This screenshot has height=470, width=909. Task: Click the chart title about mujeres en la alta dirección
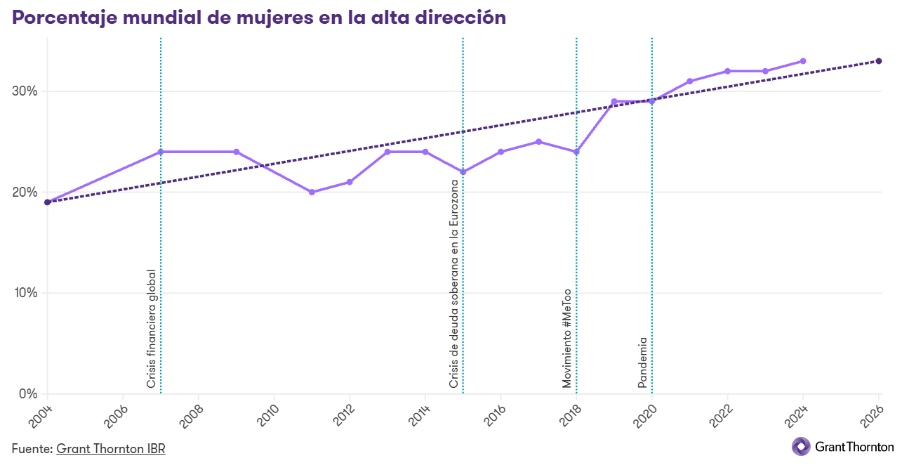(x=259, y=18)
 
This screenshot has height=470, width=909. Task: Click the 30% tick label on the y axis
(x=25, y=91)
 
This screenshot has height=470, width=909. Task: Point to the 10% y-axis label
(x=25, y=292)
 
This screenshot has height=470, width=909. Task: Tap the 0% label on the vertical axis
(x=28, y=393)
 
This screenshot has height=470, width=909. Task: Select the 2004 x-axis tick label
(x=41, y=417)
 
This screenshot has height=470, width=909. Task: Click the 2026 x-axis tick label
(x=872, y=417)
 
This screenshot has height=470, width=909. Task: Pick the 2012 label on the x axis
(x=343, y=417)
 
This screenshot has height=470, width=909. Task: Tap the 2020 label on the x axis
(x=645, y=417)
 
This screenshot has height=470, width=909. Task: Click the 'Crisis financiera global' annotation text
(x=151, y=329)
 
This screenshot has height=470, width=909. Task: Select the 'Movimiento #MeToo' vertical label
(x=566, y=339)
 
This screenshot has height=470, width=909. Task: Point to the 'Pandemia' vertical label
(x=642, y=363)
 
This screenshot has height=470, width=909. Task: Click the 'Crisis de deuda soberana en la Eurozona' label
(x=453, y=284)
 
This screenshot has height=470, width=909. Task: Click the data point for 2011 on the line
(x=312, y=192)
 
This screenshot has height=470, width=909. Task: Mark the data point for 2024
(x=803, y=61)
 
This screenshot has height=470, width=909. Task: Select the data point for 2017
(x=538, y=142)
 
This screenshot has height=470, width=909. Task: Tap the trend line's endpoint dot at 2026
(x=879, y=61)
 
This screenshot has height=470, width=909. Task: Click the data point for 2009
(x=236, y=152)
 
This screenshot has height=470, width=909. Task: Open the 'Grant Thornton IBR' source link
(x=111, y=448)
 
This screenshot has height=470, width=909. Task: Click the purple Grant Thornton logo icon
(x=801, y=446)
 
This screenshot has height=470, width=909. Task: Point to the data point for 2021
(x=689, y=81)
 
